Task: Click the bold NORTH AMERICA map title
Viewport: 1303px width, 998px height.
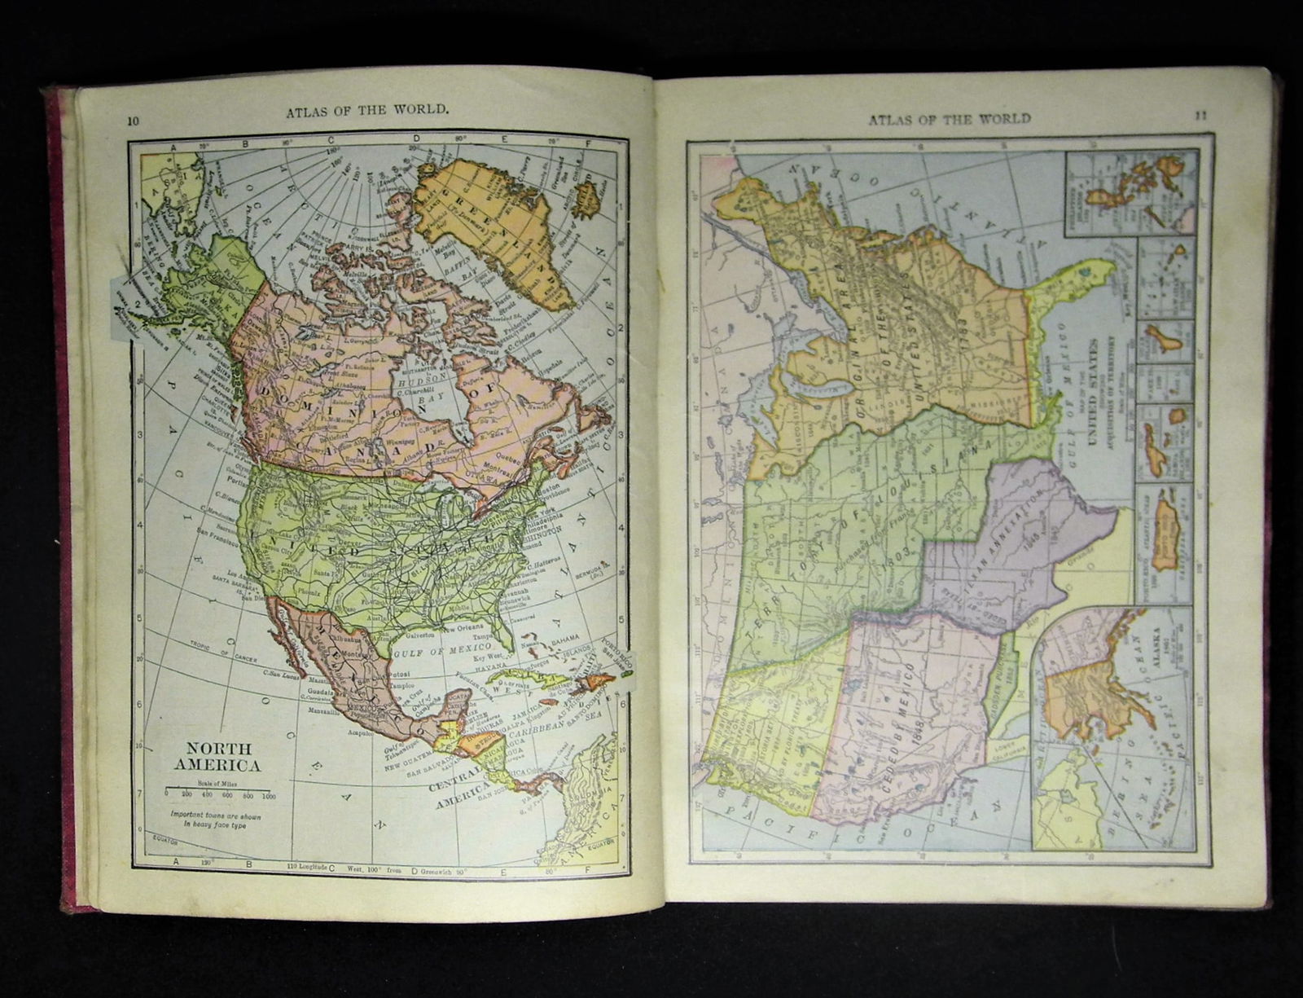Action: click(213, 757)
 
